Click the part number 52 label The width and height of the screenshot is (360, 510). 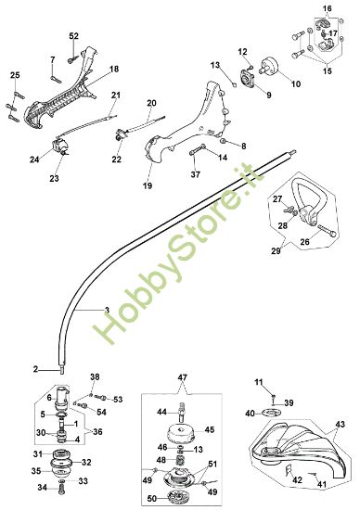click(x=74, y=35)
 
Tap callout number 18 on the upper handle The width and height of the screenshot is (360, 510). click(x=114, y=70)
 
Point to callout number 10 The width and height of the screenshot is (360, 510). click(x=297, y=84)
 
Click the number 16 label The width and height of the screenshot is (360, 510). click(x=327, y=8)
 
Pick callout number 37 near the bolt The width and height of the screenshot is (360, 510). click(x=195, y=173)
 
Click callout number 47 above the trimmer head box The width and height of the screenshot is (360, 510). click(x=184, y=379)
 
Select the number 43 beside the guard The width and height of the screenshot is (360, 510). click(x=339, y=424)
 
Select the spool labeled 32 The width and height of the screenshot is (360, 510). click(x=65, y=462)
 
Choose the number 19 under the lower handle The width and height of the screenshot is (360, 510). click(x=148, y=185)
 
